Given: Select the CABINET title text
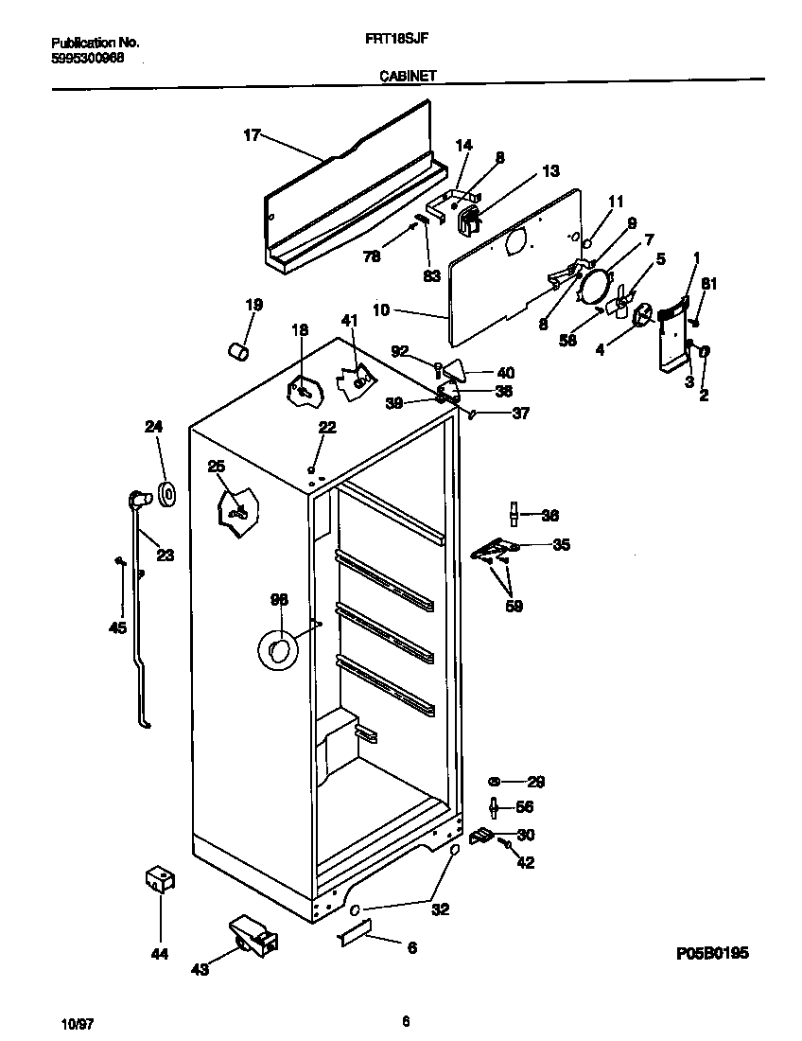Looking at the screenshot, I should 408,78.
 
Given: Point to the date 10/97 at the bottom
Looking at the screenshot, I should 76,1024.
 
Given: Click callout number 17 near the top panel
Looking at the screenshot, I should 252,135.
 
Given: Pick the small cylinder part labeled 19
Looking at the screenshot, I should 238,352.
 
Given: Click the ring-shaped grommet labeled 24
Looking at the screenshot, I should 168,494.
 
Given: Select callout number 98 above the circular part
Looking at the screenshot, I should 279,600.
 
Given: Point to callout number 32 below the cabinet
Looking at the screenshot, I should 440,909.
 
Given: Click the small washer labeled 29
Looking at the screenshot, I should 493,782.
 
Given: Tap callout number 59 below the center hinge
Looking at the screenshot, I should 514,606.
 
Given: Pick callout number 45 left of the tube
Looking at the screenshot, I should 117,626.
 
